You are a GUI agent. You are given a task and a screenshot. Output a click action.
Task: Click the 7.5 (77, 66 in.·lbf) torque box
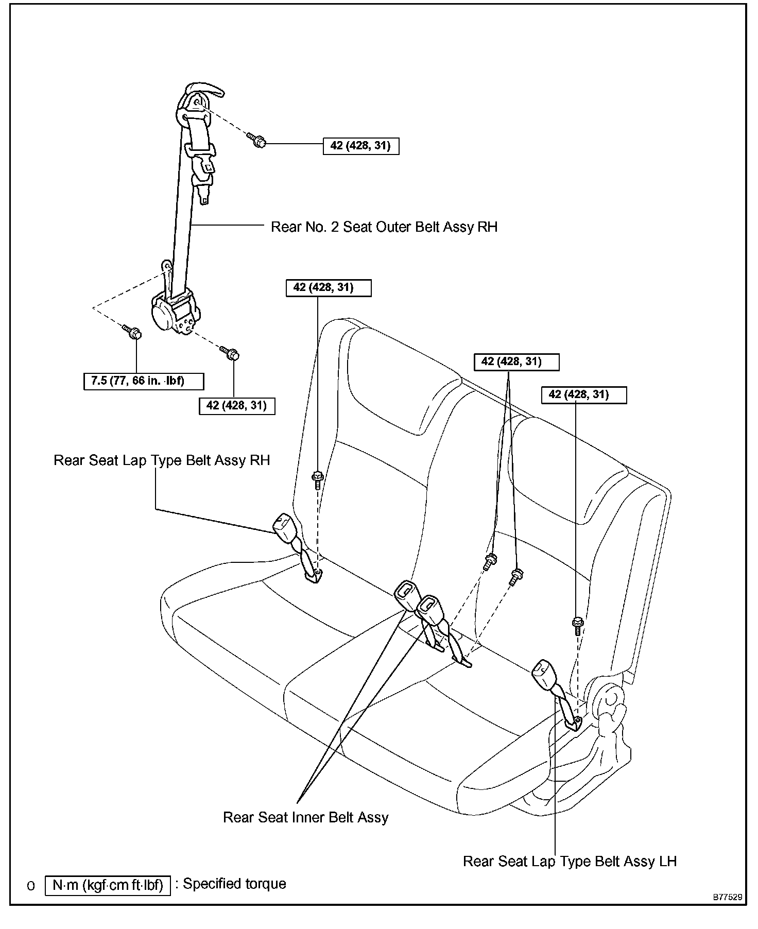pos(144,382)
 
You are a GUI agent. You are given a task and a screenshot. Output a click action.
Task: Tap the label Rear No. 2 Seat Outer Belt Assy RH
pos(384,227)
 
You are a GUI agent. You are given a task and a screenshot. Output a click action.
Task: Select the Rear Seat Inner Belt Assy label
pos(305,817)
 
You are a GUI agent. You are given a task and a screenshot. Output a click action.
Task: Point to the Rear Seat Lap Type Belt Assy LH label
pos(570,861)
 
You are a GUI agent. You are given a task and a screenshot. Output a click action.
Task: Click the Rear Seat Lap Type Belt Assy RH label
pos(162,460)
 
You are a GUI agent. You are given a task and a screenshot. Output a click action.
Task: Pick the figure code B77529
pos(727,897)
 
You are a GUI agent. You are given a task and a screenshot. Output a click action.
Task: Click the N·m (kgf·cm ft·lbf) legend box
pos(108,885)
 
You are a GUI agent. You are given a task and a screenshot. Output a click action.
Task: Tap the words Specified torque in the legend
pos(234,884)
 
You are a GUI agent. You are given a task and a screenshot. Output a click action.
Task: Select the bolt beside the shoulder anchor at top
pos(256,140)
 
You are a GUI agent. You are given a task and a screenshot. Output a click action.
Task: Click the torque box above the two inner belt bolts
pos(515,362)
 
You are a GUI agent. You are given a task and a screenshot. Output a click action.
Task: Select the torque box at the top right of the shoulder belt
pos(360,146)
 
